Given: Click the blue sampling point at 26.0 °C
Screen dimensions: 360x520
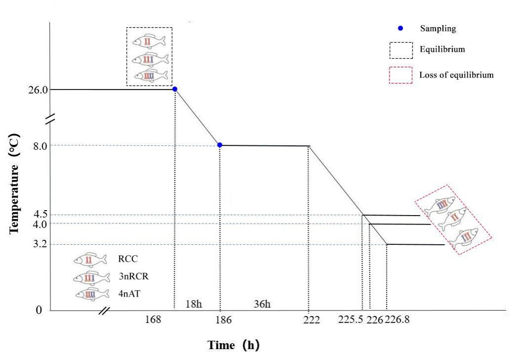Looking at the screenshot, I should coord(174,89).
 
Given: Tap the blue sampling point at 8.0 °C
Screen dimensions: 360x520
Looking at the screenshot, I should coord(220,145).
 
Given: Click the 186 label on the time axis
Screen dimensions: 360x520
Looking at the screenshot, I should coord(223,319).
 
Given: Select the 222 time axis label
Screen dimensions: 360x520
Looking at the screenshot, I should coord(312,319).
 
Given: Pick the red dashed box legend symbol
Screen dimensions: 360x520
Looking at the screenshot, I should coord(400,75).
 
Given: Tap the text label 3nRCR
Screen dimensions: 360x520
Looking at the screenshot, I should coord(133,276).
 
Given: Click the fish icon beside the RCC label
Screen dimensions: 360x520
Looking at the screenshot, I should coord(90,259).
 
